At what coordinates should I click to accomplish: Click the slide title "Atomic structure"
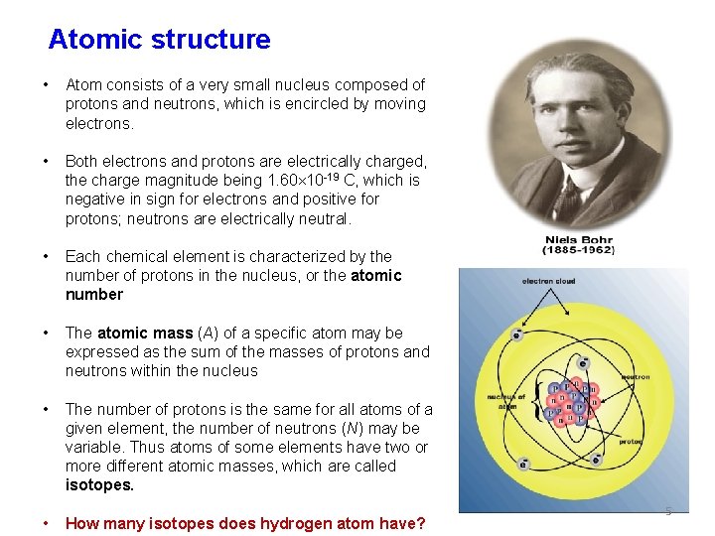coord(159,40)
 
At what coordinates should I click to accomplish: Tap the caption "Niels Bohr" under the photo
coord(564,239)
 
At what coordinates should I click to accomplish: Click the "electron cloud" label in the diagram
coord(550,282)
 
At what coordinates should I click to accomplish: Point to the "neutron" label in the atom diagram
coord(635,377)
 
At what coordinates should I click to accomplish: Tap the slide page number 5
coord(668,511)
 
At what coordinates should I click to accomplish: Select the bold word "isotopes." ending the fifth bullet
coord(99,485)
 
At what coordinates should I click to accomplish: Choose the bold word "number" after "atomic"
coord(94,294)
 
